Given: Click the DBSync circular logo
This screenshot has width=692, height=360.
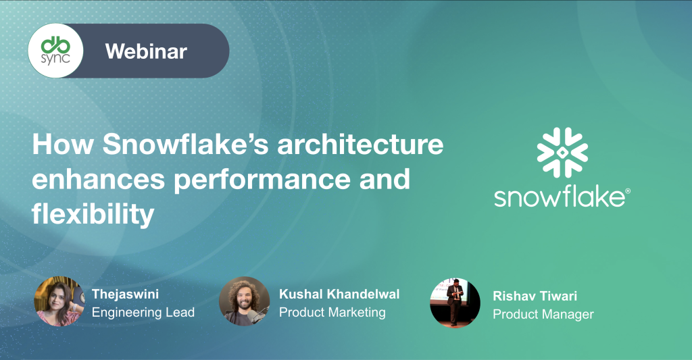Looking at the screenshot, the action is pos(55,51).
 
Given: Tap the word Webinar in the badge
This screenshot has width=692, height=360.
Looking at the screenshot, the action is pos(146,51).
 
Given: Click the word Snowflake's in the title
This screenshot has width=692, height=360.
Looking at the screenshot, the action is pos(186,145).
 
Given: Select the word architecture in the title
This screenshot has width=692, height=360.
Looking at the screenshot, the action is pos(360,145).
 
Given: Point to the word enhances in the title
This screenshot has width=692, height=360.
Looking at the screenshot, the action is pos(99,179).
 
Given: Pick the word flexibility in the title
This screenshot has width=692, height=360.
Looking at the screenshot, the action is pos(93,215).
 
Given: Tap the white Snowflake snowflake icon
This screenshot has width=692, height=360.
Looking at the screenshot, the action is pos(562,153).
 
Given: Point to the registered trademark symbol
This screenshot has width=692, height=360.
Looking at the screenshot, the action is pos(628,191).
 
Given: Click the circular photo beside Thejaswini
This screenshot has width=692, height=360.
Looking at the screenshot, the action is pos(59,301).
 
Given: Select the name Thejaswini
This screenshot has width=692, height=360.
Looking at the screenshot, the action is pos(125,294).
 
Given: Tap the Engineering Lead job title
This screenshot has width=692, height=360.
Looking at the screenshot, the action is pos(143,312).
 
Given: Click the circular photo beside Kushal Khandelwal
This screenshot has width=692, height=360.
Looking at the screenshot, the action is pos(244,301).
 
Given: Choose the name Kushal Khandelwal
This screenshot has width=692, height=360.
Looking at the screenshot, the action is pos(339,294).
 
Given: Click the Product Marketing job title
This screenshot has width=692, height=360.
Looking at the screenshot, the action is pos(332,312).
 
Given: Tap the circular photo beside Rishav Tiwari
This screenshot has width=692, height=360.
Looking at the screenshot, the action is pos(455,303).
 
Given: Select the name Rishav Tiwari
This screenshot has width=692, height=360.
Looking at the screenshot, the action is pos(535,296).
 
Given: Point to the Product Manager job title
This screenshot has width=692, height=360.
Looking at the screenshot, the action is pos(543,314).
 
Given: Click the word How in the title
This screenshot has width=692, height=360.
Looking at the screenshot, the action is pos(63,145).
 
